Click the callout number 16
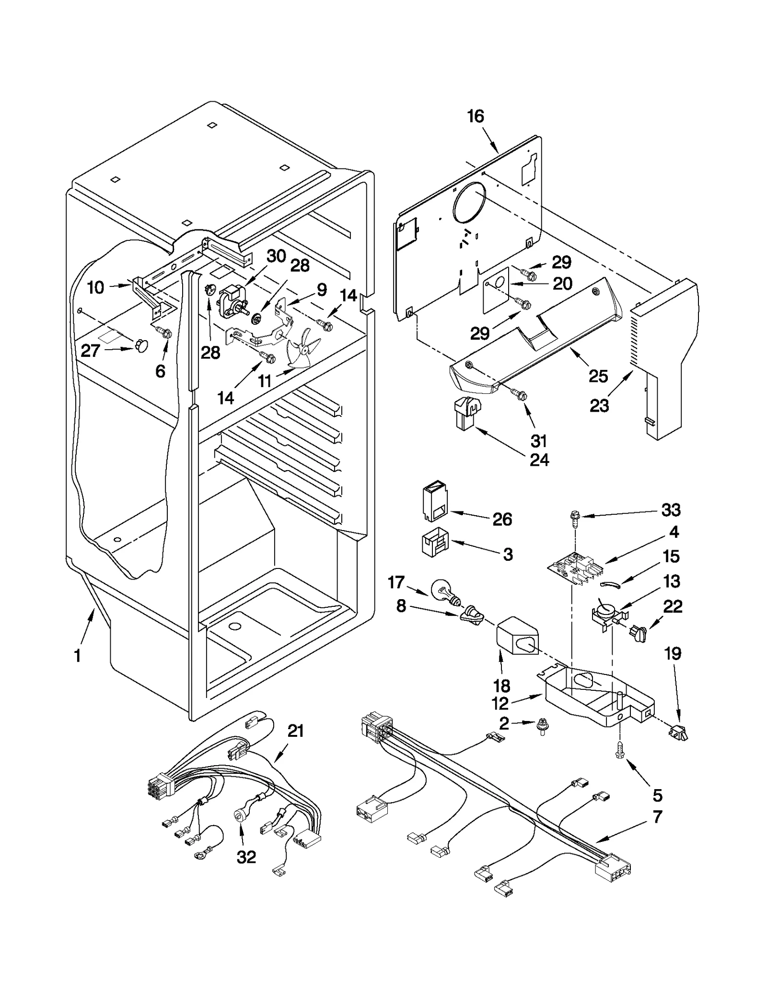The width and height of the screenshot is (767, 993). click(x=476, y=117)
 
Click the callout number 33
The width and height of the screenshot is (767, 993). click(x=671, y=510)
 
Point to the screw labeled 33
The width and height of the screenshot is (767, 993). click(x=574, y=519)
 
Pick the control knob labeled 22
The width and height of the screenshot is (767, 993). click(x=638, y=633)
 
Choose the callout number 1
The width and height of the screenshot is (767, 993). click(x=78, y=656)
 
